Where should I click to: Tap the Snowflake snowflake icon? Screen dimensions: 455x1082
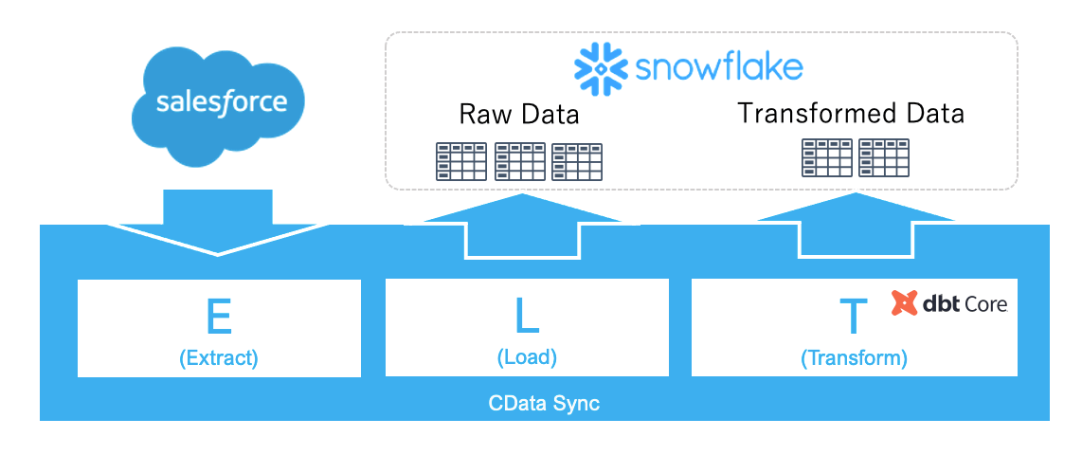tap(600, 67)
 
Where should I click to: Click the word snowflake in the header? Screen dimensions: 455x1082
tap(719, 67)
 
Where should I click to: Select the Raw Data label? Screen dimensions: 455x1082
tap(519, 116)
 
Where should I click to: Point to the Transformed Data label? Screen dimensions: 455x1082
tap(851, 114)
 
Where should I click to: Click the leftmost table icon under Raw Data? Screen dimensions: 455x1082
tap(460, 162)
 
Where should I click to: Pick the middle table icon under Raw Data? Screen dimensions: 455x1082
tap(520, 162)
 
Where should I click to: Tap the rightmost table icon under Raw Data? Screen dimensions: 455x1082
tap(577, 162)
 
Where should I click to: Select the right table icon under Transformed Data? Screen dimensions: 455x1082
tap(884, 158)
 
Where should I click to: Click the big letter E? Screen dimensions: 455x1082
tap(219, 317)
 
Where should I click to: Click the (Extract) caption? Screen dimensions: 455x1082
tap(219, 359)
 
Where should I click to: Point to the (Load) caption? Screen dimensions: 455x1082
tap(527, 357)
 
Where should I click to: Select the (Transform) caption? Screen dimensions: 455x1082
tap(854, 359)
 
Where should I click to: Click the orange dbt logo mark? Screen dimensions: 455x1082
tap(905, 303)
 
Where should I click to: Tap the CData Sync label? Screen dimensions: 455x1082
tap(544, 404)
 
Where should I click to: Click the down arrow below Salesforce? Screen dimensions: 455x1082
tap(218, 224)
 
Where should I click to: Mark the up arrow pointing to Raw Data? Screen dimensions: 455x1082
tap(522, 223)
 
